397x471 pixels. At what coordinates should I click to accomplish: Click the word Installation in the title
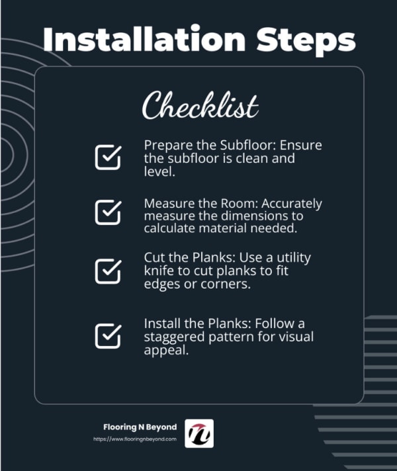[144, 39]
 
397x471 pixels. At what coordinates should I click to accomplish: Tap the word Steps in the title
[306, 42]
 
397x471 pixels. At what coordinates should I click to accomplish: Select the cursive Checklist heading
[200, 106]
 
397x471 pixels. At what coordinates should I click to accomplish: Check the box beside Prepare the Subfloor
[109, 157]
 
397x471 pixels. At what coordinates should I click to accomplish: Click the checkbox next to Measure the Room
[109, 212]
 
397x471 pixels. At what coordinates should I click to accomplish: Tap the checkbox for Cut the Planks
[109, 271]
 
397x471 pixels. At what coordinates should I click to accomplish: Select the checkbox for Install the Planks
[109, 336]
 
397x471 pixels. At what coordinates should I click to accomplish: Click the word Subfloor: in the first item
[248, 145]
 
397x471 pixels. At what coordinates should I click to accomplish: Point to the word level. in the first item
[159, 171]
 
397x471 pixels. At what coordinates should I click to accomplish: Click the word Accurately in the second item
[292, 204]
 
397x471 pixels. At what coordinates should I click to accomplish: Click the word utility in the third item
[294, 258]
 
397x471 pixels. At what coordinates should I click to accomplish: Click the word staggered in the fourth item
[174, 337]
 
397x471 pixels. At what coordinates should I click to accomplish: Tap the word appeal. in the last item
[166, 351]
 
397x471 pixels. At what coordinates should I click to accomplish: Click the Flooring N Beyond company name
[140, 427]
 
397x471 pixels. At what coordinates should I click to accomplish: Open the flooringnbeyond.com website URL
[135, 439]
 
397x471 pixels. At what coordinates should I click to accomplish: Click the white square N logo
[199, 433]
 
